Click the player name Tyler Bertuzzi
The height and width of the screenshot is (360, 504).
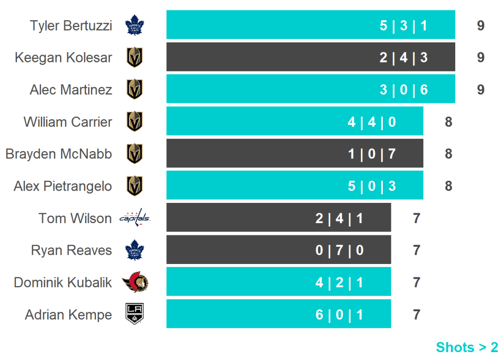click(x=71, y=26)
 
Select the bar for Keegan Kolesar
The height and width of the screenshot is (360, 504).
click(x=310, y=57)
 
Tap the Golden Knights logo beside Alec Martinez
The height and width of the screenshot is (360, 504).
click(x=135, y=90)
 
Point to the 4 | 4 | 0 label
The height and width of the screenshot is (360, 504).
click(x=372, y=122)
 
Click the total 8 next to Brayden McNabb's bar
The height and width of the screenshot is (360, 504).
click(x=448, y=154)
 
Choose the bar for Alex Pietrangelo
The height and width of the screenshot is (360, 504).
click(x=294, y=186)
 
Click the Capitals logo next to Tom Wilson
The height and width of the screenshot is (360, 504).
click(x=135, y=218)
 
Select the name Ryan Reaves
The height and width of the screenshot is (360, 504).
click(x=71, y=250)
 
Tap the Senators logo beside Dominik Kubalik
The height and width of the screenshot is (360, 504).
click(x=135, y=282)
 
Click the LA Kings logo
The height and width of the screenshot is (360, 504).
click(x=135, y=314)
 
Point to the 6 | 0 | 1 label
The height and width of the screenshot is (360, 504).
click(x=339, y=314)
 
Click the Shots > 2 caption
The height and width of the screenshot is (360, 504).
click(x=467, y=347)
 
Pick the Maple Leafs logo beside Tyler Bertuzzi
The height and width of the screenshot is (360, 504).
click(x=135, y=26)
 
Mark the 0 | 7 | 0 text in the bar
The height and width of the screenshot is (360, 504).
click(x=339, y=250)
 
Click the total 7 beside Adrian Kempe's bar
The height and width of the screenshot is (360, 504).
click(x=416, y=314)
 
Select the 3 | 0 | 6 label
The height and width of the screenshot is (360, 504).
click(x=404, y=90)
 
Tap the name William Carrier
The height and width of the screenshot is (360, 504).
click(x=68, y=122)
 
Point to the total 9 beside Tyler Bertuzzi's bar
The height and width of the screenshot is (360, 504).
click(x=480, y=26)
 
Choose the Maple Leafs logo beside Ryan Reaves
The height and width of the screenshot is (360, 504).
click(x=135, y=250)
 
